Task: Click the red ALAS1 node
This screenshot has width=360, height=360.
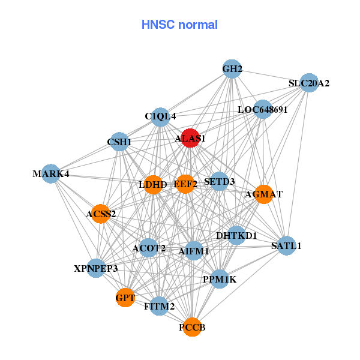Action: tap(190, 138)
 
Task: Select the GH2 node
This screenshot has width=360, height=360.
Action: tap(232, 69)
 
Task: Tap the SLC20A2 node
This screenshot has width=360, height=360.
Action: tap(308, 83)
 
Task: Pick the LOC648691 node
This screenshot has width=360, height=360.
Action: tap(262, 109)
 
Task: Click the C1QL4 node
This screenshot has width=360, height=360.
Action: tap(160, 116)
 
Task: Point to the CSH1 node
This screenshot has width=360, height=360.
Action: tap(119, 142)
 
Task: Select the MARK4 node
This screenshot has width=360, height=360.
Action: tap(51, 174)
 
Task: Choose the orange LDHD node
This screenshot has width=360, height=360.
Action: tap(154, 184)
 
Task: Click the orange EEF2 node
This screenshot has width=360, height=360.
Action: tap(185, 184)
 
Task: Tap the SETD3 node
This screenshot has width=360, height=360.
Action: tap(219, 181)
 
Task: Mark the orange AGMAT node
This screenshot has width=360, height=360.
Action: tap(264, 194)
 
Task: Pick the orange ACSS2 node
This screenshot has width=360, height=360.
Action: tap(101, 213)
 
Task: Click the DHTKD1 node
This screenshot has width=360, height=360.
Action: tap(236, 235)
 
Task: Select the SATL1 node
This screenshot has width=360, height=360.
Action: tap(286, 245)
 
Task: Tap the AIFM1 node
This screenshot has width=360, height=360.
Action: tap(194, 251)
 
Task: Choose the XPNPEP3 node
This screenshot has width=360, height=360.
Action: tap(96, 268)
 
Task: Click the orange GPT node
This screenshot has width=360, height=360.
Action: tap(125, 297)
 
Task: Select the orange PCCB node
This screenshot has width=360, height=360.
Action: tap(192, 327)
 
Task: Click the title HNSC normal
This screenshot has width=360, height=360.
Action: tap(179, 25)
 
